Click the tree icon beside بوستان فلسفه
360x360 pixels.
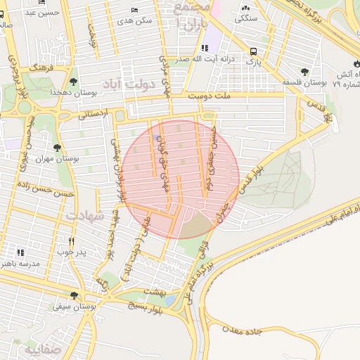(x=304, y=72)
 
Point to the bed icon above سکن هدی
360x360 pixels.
(x=134, y=11)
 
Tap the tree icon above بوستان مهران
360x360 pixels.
(x=57, y=148)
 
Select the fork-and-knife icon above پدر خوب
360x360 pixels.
(x=70, y=240)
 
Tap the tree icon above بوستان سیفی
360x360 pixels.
(x=74, y=295)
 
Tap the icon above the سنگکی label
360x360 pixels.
(x=245, y=7)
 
